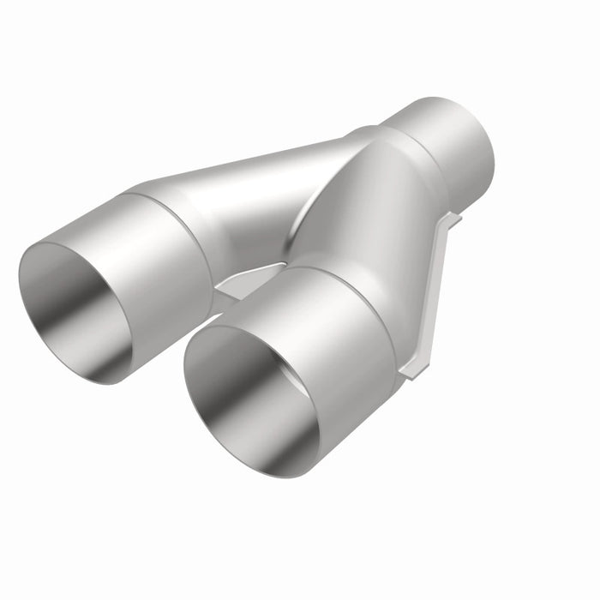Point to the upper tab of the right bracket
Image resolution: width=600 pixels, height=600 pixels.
tap(451, 220)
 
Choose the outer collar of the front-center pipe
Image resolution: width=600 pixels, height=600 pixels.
tap(343, 334)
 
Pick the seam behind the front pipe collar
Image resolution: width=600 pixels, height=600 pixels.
tap(360, 291)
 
